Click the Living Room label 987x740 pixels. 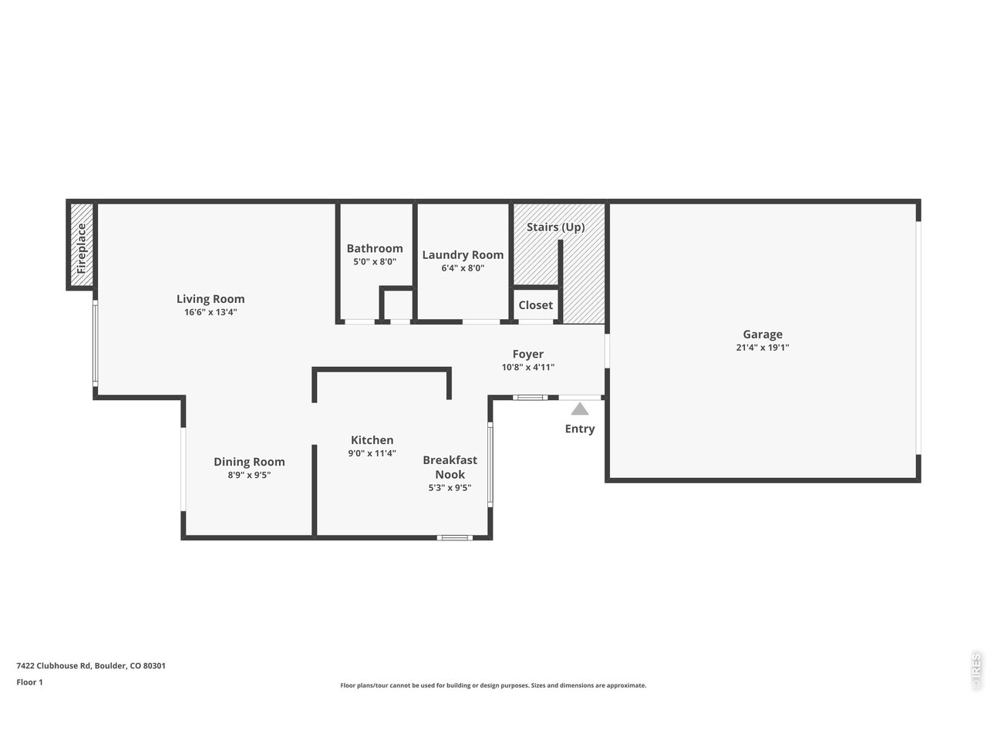(x=211, y=299)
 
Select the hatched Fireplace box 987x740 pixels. (x=82, y=247)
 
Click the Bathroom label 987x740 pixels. (x=375, y=248)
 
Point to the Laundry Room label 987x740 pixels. (x=463, y=254)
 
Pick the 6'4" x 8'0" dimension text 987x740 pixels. (x=463, y=268)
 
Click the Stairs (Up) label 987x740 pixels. (x=555, y=227)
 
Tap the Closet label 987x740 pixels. (x=535, y=305)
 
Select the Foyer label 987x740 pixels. (x=528, y=354)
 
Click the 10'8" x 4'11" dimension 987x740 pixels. (x=528, y=368)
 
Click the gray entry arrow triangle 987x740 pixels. (x=580, y=409)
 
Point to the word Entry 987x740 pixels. (x=580, y=429)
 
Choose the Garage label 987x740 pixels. (x=763, y=334)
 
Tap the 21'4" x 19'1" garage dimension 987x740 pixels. (x=763, y=348)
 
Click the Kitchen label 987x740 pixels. (x=372, y=440)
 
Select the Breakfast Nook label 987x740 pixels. (x=450, y=467)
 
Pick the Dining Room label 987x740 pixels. (x=249, y=462)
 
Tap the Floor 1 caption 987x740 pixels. (x=29, y=682)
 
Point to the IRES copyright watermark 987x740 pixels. (x=975, y=671)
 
